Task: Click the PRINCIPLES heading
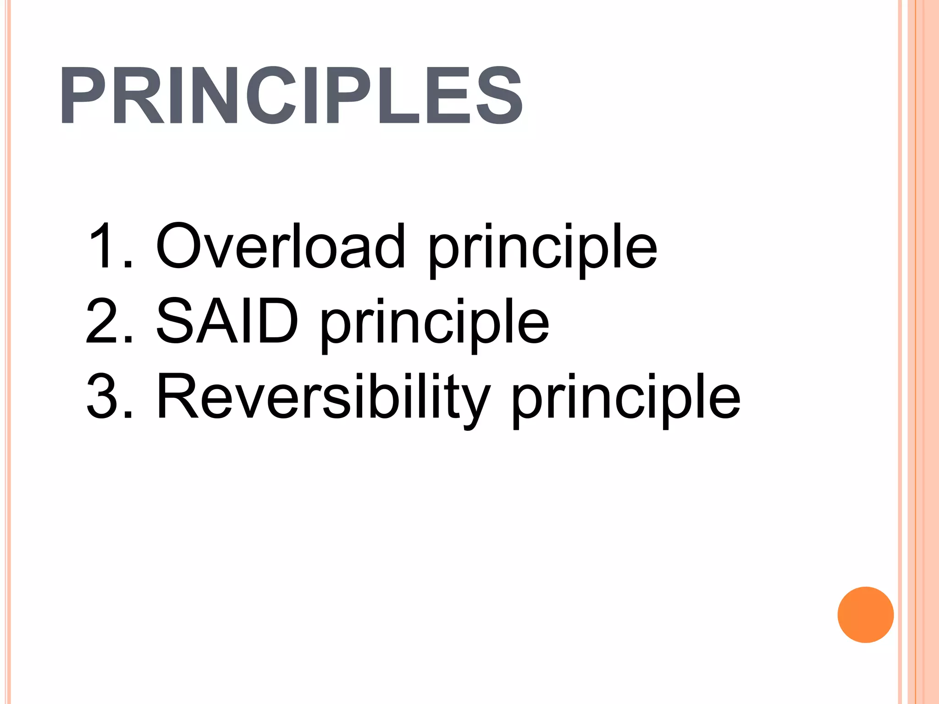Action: point(291,95)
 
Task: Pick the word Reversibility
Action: point(324,396)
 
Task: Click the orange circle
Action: point(865,615)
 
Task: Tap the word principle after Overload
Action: point(543,250)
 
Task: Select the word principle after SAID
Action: point(435,324)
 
